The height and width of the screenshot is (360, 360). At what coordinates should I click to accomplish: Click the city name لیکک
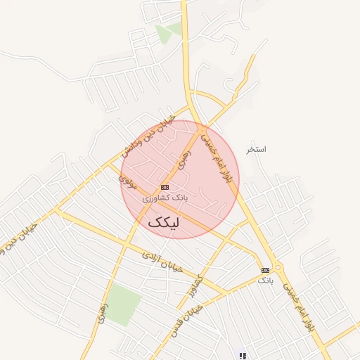[x=163, y=223]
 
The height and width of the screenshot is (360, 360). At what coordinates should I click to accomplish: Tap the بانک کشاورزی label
[x=166, y=198]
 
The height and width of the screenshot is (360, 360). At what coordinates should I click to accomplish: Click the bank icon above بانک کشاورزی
[x=165, y=187]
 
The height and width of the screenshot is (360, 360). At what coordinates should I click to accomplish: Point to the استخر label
[x=256, y=150]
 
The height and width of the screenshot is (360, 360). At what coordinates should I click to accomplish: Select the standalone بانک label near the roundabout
[x=264, y=281]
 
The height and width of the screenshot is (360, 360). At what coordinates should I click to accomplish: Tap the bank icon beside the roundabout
[x=265, y=270]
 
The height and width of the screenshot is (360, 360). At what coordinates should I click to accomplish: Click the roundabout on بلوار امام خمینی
[x=278, y=268]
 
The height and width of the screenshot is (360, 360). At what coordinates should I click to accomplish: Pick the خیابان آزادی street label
[x=162, y=262]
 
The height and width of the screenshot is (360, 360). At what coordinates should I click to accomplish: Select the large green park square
[x=124, y=304]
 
